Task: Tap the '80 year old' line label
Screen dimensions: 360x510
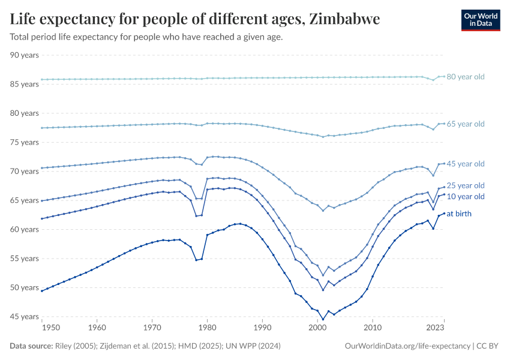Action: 466,77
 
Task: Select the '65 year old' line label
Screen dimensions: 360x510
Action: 466,124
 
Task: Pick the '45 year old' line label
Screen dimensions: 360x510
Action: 466,164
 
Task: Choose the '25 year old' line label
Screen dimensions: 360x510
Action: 466,185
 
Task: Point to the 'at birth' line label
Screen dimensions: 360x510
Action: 460,214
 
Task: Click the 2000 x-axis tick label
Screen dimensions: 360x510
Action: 317,328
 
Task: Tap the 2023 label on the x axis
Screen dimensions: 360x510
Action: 435,328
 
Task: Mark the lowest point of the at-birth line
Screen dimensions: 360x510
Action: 323,320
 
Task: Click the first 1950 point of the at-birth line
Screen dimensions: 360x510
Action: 41,290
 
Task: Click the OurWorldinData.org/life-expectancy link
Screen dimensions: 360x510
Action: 408,346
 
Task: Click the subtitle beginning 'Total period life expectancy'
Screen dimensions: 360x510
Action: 146,37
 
